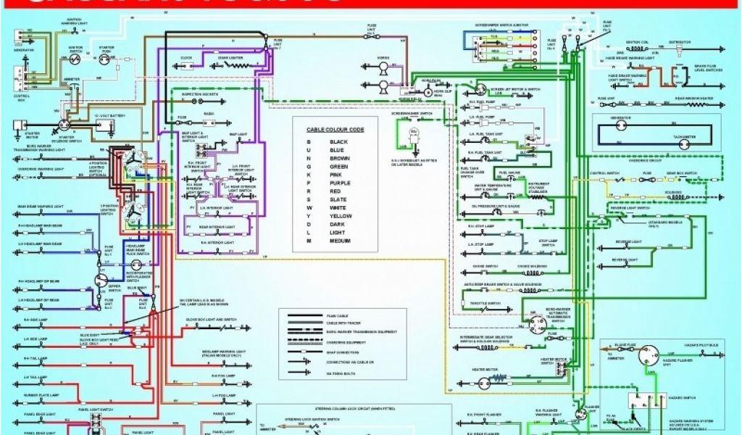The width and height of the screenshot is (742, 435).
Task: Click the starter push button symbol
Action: (104, 63)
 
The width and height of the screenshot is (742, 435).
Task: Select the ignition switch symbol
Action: (75, 62)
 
